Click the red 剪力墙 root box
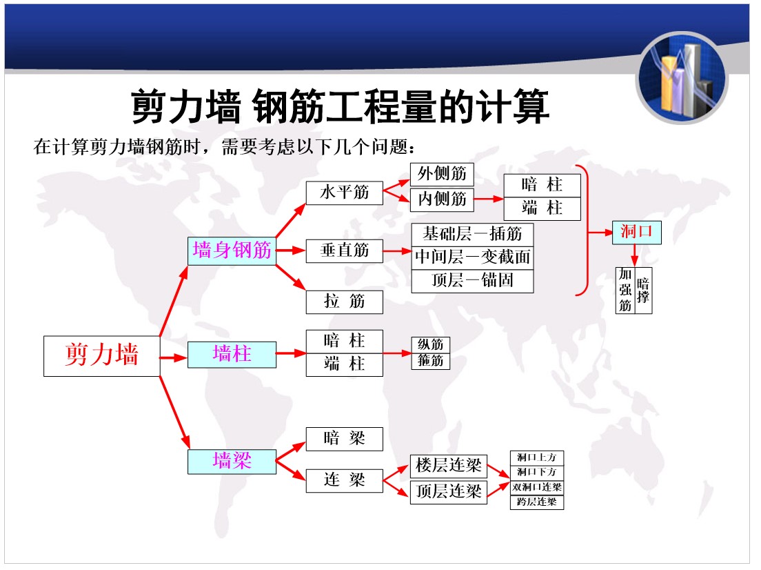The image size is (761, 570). coord(101,355)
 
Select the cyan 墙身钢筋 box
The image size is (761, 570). coord(232,250)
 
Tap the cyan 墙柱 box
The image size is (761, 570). coord(232,354)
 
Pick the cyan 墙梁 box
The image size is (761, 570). coord(232,461)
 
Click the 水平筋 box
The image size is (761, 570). coord(345,193)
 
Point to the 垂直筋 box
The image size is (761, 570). coord(345,250)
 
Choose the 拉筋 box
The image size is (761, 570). coord(345,302)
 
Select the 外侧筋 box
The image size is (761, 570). coord(442,174)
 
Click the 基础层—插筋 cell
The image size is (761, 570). coord(472,234)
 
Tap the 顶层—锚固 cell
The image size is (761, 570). coord(472,281)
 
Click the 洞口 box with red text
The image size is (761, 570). coord(636,232)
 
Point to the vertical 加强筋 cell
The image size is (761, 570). coord(625,290)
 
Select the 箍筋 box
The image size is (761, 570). coord(431,361)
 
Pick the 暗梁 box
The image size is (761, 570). coord(345,439)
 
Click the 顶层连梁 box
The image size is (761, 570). coord(449,492)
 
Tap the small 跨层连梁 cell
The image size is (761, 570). coord(537,502)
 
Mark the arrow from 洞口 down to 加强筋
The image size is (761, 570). coord(634,255)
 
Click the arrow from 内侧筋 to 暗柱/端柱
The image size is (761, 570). coord(489,199)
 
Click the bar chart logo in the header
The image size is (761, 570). coord(682,78)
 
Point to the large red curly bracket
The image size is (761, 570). coord(587,230)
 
